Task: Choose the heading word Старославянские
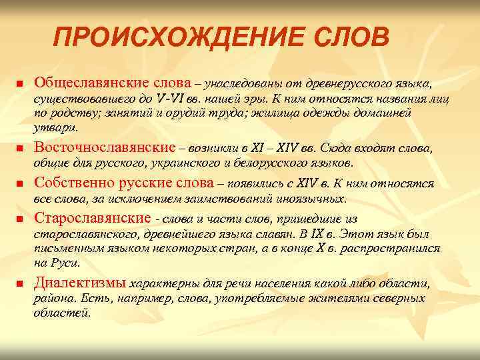point(92,218)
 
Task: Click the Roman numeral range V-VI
point(173,100)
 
